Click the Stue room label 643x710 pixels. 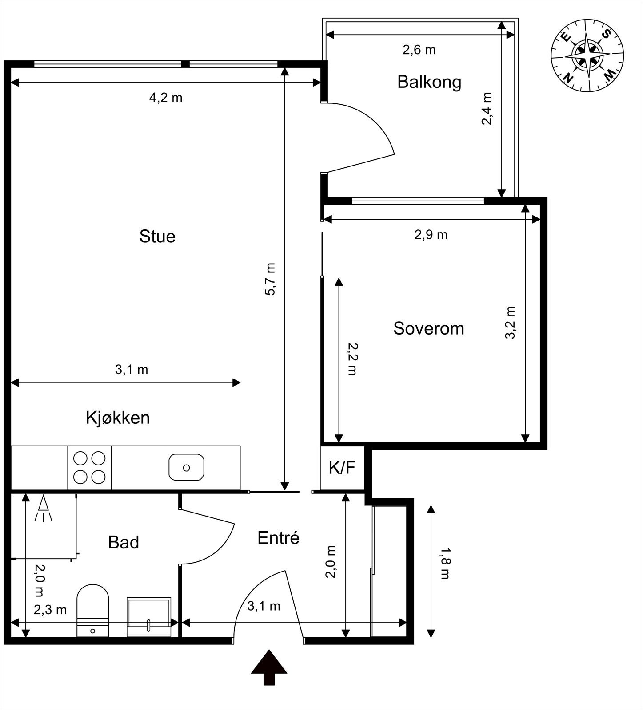coord(157,236)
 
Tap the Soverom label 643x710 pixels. coord(429,328)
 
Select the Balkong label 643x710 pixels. coord(429,82)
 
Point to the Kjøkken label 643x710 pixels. coord(118,418)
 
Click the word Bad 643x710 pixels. coord(124,542)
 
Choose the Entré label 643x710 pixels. coord(279,538)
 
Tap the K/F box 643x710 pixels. coord(343,468)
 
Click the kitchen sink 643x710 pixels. coord(187,467)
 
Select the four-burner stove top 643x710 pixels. coord(89,468)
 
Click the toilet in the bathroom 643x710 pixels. coord(93,611)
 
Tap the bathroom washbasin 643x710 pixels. coord(149,616)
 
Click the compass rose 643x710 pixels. coord(587,55)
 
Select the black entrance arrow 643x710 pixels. coord(269,667)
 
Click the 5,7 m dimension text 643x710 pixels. coord(270,279)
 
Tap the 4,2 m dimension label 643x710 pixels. coord(166,98)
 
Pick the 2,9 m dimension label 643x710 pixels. coord(431,234)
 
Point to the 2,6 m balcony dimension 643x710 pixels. coord(419,50)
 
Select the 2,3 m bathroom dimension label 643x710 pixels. coord(50,610)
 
